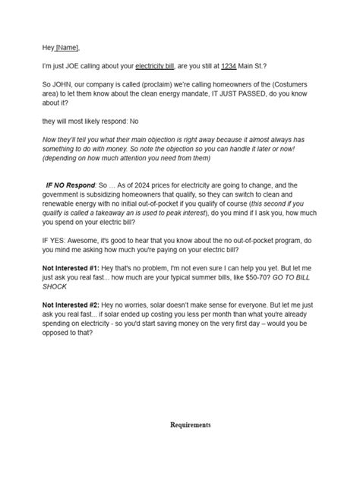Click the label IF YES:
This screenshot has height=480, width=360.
55,241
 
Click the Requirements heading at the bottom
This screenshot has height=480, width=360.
190,425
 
